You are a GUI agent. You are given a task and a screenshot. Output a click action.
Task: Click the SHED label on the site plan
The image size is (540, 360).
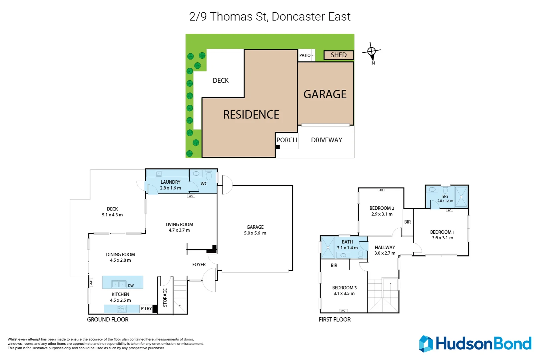click(339, 55)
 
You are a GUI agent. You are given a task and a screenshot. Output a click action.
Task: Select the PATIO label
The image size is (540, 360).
click(305, 55)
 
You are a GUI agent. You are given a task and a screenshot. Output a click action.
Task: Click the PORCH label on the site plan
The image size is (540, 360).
click(287, 140)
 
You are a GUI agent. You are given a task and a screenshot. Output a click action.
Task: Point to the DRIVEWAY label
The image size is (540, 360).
click(327, 140)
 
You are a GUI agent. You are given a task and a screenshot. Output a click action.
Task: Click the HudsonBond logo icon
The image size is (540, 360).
click(426, 344)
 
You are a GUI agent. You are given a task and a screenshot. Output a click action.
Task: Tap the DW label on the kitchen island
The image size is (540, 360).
click(131, 286)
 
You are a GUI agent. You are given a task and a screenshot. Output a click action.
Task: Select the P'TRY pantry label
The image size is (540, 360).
click(146, 309)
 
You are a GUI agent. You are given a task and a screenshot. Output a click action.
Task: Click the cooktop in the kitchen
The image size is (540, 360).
click(121, 309)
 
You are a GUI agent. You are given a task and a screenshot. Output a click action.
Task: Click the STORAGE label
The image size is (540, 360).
click(165, 298)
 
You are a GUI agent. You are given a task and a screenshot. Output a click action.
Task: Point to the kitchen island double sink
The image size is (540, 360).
click(119, 284)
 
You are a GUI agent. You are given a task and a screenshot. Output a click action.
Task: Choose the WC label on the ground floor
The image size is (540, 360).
click(204, 184)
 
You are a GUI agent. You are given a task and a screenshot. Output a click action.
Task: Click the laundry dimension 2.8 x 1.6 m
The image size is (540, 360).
click(170, 188)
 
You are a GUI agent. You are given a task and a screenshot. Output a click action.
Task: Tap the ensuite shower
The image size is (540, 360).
click(461, 197)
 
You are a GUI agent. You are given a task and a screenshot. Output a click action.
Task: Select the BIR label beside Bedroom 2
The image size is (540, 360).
click(407, 222)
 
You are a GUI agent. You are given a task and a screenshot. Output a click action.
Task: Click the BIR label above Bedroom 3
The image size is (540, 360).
click(334, 265)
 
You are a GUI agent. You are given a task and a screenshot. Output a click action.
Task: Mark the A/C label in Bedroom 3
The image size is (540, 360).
click(343, 311)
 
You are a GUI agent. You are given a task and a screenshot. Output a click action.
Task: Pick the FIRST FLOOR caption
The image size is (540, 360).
click(335, 320)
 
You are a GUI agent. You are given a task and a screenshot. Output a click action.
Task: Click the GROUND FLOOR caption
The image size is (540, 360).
click(107, 320)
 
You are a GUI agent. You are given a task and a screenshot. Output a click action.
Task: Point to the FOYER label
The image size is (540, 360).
click(199, 265)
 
